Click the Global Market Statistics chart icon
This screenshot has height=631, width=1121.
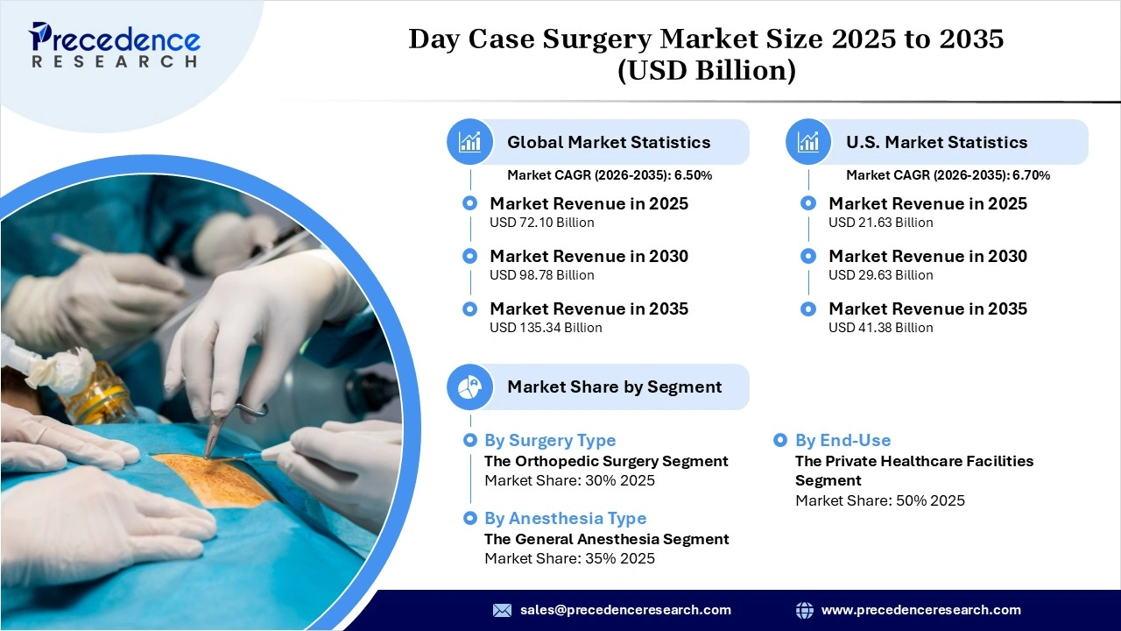coord(470,142)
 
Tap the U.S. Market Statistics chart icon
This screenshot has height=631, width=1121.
coord(808,142)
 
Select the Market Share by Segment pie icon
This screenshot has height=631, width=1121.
coord(470,386)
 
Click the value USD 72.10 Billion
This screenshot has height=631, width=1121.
coord(541,223)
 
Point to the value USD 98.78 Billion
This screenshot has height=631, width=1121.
coord(541,275)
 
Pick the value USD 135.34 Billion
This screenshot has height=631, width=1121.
coord(546,328)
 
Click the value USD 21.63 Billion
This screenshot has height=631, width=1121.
coord(880,223)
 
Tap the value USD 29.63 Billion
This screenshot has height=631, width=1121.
coord(880,275)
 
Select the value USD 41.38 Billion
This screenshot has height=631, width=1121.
coord(880,328)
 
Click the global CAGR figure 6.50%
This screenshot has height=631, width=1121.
coord(693,175)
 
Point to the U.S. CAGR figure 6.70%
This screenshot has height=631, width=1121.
coord(1031,175)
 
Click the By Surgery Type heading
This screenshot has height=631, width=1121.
coord(550,441)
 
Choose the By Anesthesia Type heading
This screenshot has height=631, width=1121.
coord(565,519)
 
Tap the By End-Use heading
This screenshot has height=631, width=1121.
coord(843,441)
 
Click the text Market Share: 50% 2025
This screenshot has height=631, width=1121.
coord(879,500)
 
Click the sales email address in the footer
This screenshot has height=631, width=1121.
coord(625,610)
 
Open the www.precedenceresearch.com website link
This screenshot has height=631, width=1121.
coord(920,610)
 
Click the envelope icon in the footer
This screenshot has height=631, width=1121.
coord(502,610)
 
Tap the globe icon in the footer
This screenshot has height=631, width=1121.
coord(804,610)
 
